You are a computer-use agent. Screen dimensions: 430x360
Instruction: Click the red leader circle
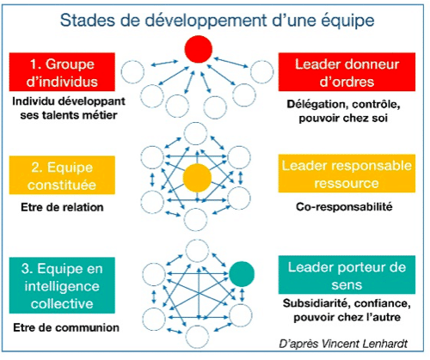[x=199, y=49]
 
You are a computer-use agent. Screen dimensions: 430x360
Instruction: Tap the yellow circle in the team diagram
[x=197, y=178]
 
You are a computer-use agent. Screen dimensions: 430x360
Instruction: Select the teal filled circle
[x=242, y=274]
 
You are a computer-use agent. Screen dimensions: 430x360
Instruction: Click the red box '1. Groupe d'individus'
[x=62, y=72]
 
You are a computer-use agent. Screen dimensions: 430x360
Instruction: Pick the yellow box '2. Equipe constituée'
[x=62, y=175]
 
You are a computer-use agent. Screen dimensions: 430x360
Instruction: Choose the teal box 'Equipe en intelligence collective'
[x=62, y=285]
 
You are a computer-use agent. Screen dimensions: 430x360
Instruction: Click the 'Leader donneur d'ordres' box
[x=347, y=72]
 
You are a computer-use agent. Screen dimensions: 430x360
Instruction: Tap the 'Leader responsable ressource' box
[x=347, y=174]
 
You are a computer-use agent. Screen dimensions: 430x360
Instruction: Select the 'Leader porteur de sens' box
[x=347, y=275]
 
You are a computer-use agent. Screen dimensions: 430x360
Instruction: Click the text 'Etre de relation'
[x=62, y=207]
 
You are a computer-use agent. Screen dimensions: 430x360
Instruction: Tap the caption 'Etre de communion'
[x=66, y=327]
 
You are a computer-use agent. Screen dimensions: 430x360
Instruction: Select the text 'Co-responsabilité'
[x=344, y=206]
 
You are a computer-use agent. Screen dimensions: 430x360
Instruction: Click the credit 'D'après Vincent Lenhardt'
[x=343, y=344]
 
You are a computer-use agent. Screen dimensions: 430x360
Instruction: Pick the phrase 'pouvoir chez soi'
[x=343, y=118]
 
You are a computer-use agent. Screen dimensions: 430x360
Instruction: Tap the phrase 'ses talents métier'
[x=69, y=115]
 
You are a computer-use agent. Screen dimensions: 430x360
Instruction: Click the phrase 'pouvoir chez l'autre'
[x=347, y=317]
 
